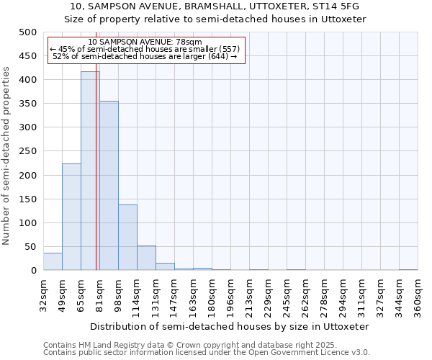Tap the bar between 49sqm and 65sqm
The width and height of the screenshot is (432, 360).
pyautogui.click(x=71, y=217)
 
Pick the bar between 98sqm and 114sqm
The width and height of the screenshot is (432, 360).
pyautogui.click(x=127, y=238)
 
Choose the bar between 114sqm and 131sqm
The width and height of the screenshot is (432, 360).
pyautogui.click(x=146, y=258)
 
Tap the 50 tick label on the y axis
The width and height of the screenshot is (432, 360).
pyautogui.click(x=30, y=247)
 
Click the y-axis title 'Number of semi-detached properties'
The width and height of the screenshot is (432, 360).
pyautogui.click(x=6, y=156)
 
